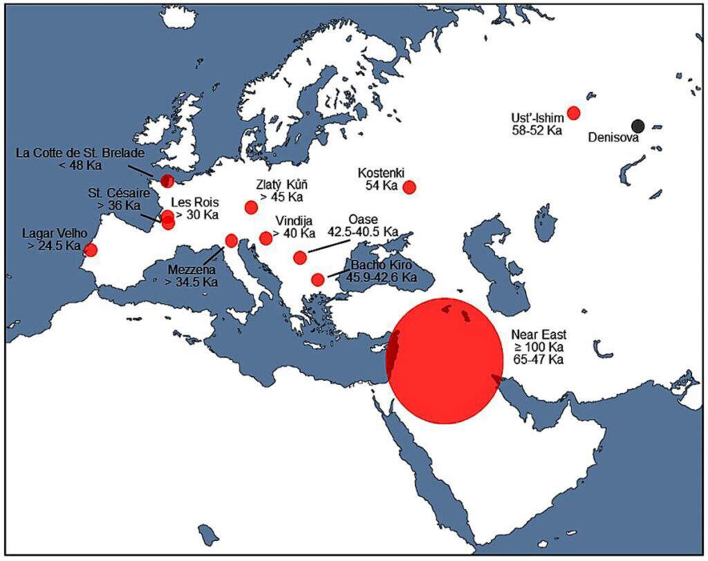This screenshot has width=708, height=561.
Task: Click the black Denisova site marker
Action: coord(638,126)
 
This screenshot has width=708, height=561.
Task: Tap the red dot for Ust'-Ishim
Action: coord(573,113)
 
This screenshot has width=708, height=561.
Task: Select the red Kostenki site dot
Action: coord(409,187)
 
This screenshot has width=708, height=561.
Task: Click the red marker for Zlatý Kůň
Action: coord(252,207)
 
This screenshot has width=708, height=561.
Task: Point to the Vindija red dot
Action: coord(265,238)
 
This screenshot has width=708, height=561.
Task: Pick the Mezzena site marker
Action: coord(232,240)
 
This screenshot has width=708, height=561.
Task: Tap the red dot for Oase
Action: coord(300,258)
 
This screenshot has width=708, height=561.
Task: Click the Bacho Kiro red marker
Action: coord(317,280)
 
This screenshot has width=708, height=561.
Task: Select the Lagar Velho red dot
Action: coord(91,250)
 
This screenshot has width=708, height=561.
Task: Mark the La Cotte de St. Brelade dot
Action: coord(167,181)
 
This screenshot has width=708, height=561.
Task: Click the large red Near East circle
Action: coord(445,361)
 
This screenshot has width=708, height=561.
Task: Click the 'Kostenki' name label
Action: coord(381,173)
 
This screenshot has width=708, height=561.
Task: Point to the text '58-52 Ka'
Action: coord(537,130)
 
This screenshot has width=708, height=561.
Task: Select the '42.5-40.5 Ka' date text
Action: coord(363,231)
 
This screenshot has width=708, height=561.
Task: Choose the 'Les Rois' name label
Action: coord(194,202)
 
